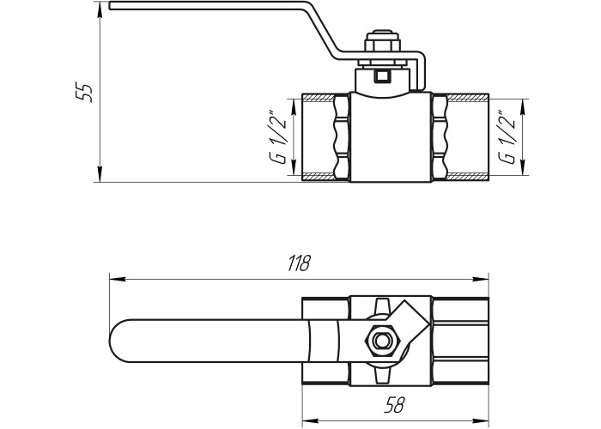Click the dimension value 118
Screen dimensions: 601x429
[299, 263]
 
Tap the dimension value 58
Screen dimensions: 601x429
[395, 405]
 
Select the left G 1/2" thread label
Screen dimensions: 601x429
[279, 137]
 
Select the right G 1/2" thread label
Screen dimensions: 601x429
[507, 137]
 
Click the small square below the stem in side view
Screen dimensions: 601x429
[382, 76]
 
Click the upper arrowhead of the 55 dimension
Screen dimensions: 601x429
[100, 10]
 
